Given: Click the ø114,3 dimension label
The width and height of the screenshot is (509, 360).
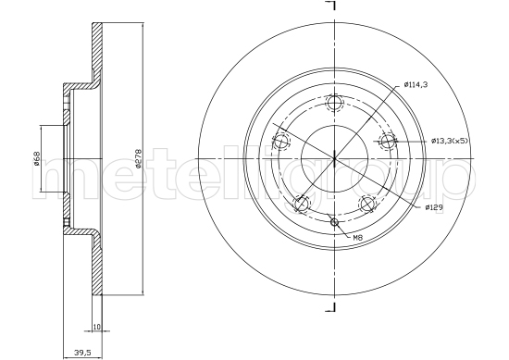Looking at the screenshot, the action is coord(416,85).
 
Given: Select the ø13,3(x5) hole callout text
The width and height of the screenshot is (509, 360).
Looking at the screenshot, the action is coord(450,141).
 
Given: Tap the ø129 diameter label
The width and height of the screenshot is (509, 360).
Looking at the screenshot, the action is coord(434,207).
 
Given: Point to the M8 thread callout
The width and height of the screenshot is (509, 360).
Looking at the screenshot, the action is coord(357,238).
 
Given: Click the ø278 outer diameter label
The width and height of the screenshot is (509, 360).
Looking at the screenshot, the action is coord(138,159).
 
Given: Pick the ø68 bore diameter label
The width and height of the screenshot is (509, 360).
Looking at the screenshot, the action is coord(36,158).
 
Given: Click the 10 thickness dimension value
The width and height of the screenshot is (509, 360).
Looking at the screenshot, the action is coord(97,327).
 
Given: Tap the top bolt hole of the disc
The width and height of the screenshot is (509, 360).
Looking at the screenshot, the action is coord(334,103).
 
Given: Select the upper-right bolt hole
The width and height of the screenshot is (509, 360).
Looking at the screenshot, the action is coord(388,142).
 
